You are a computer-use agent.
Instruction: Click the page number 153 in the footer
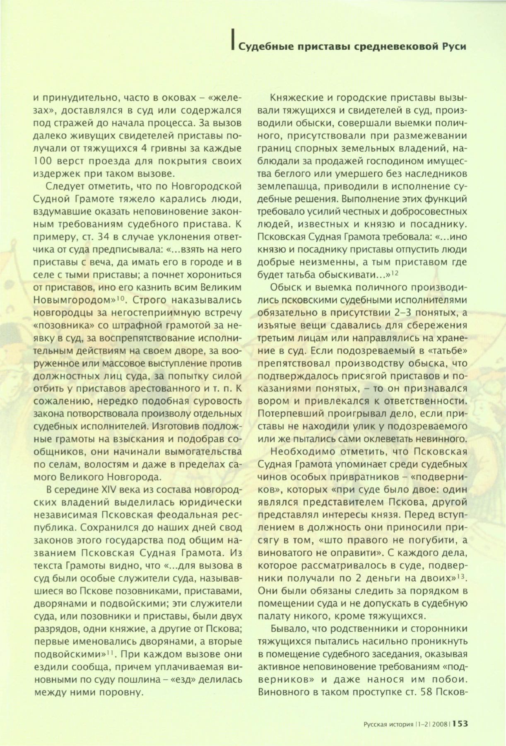click(460, 723)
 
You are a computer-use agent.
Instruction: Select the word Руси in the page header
click(455, 46)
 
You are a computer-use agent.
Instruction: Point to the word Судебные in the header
click(260, 46)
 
